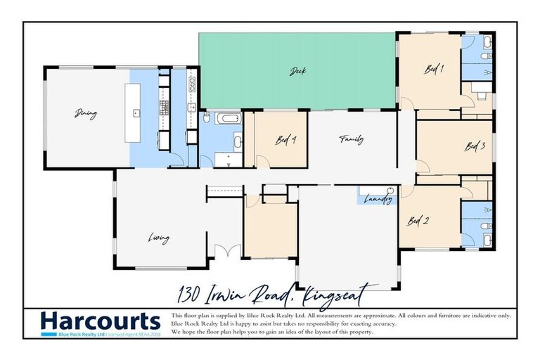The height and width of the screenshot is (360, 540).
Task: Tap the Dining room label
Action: click(86, 113)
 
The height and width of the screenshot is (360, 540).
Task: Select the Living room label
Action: click(158, 238)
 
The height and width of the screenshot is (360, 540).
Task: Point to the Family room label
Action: click(351, 139)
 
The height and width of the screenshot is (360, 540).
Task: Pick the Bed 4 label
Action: click(285, 139)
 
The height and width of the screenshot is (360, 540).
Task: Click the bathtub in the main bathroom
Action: click(229, 117)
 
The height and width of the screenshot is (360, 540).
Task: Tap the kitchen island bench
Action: click(132, 112)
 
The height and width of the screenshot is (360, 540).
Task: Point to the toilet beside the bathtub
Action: click(206, 118)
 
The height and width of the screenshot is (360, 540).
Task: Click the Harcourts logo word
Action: click(100, 321)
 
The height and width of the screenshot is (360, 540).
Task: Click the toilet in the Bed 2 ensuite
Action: click(486, 226)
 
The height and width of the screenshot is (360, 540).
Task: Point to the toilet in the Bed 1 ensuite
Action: click(486, 56)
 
